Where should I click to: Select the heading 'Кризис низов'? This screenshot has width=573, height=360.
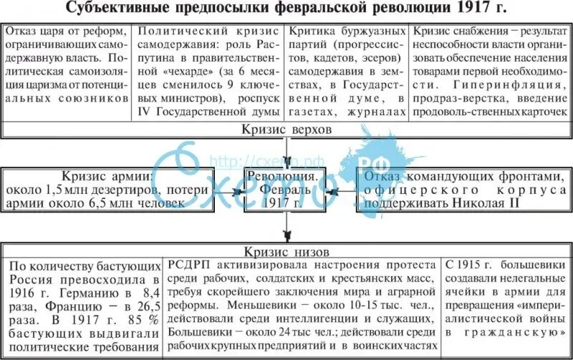coord(286,251)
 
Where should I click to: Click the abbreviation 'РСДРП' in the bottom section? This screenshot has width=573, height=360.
coord(188,266)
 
